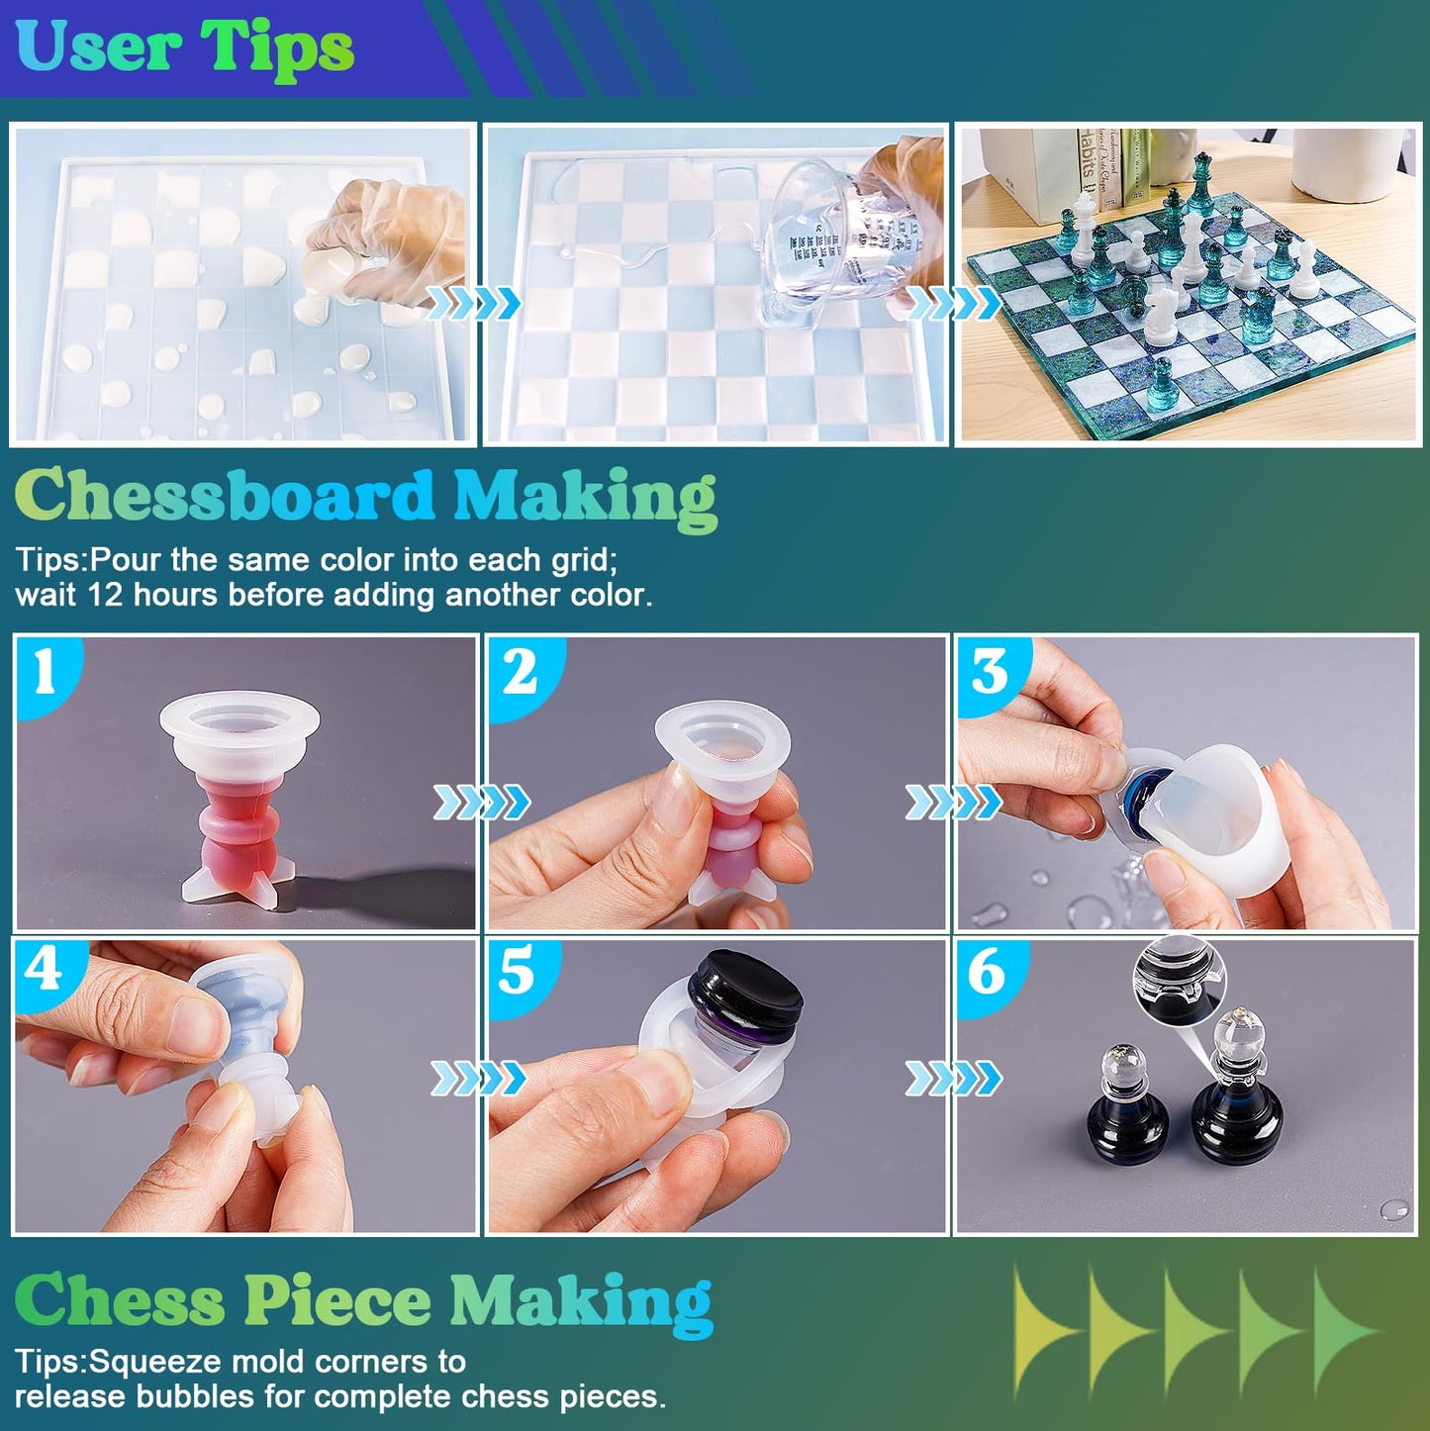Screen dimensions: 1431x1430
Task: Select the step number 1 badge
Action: click(x=45, y=673)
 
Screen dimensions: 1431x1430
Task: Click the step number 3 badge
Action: click(x=990, y=673)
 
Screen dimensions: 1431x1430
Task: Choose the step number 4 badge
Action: click(x=45, y=970)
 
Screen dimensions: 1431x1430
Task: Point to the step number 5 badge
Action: click(x=517, y=971)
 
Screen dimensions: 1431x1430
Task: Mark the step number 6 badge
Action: click(x=987, y=971)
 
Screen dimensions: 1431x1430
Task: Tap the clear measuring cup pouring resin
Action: click(x=831, y=238)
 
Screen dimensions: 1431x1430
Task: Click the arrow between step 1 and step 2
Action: click(x=481, y=803)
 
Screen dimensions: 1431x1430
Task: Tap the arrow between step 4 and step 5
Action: click(x=478, y=1078)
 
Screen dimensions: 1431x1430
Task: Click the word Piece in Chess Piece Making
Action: click(x=336, y=1300)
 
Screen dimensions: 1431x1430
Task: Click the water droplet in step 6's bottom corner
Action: click(x=1394, y=1209)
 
